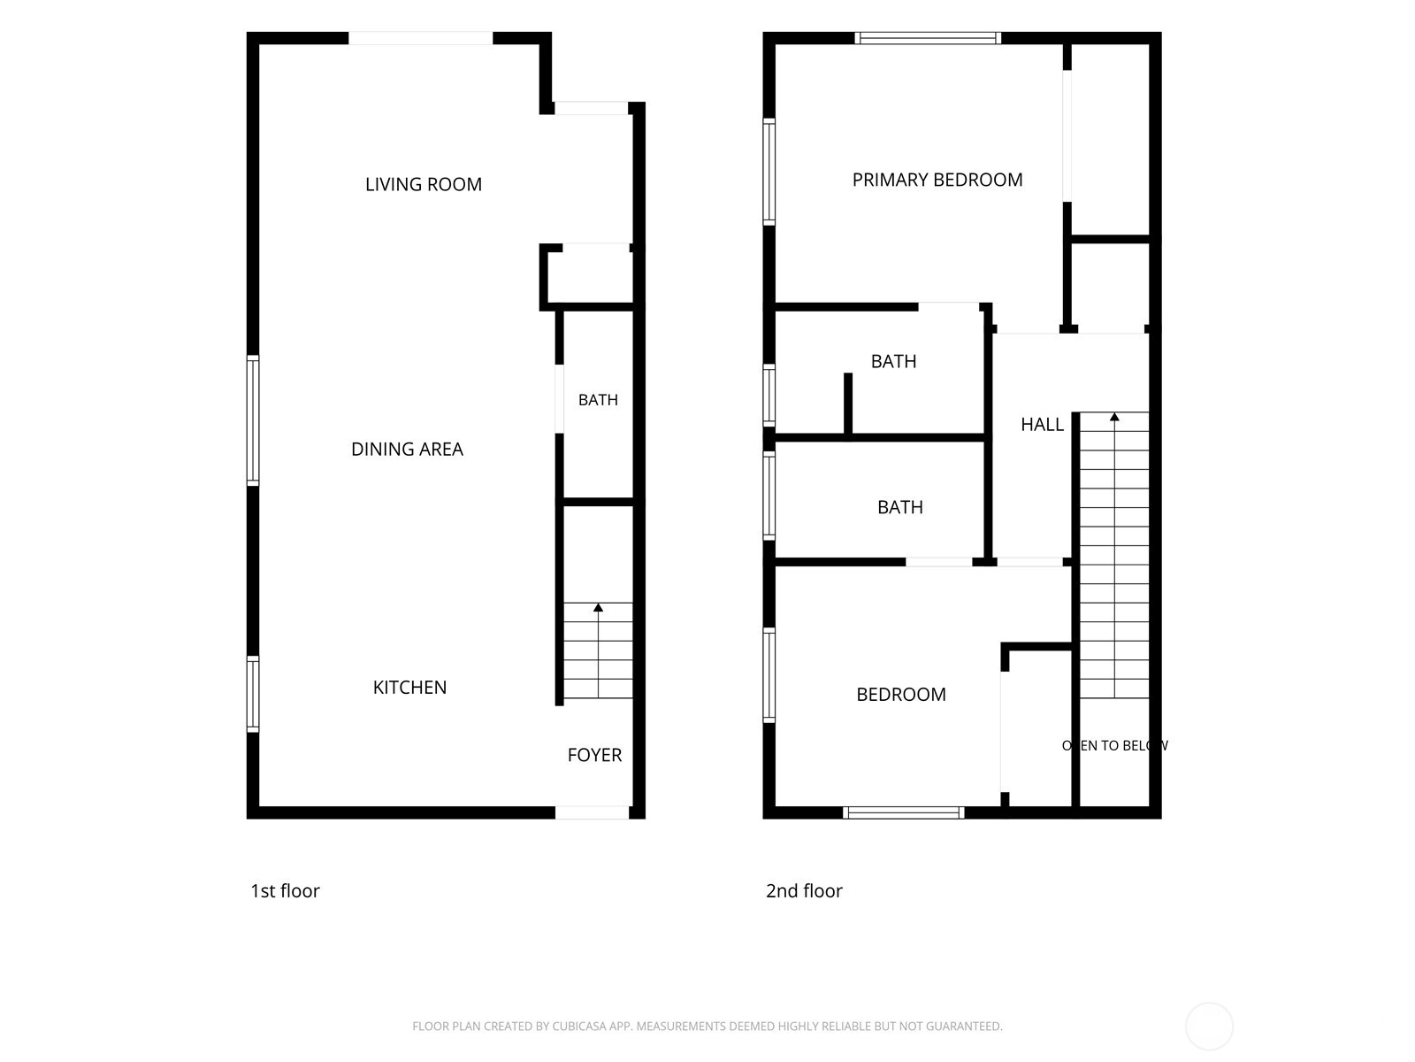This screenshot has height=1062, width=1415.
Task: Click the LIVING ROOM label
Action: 424,184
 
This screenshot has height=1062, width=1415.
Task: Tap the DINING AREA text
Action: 407,449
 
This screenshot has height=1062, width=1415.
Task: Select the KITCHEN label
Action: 409,688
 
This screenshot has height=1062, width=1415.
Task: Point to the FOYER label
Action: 594,755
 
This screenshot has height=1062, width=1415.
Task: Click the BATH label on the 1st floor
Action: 598,400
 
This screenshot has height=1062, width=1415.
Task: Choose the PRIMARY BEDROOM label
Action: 937,180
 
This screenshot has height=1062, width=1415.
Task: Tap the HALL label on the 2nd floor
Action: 1042,424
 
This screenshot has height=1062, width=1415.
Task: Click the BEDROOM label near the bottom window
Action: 900,695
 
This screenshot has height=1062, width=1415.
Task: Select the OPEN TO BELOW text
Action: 1114,745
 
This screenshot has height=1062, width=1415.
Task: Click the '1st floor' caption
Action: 285,890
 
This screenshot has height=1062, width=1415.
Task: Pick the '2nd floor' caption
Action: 804,890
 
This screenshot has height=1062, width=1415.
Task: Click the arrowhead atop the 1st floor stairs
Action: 598,607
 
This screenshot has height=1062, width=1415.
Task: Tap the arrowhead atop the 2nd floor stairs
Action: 1114,417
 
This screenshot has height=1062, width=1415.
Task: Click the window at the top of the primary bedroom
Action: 928,38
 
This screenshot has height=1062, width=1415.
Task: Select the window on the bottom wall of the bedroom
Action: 903,812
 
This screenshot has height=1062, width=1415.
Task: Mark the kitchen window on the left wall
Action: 253,694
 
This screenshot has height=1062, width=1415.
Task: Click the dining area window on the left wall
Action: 253,419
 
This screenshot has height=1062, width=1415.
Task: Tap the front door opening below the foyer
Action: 592,812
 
